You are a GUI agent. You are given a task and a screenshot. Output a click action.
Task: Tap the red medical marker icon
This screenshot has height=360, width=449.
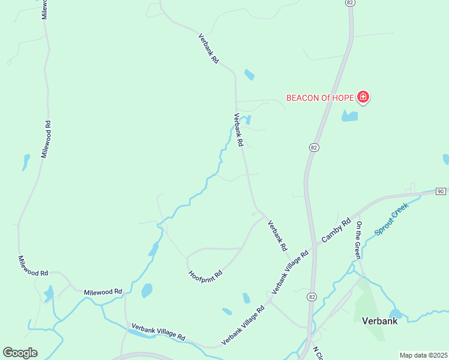click(363, 97)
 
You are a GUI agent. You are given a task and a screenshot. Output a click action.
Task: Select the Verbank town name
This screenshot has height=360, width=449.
click(380, 321)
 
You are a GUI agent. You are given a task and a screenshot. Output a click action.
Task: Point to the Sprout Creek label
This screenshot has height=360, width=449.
click(391, 218)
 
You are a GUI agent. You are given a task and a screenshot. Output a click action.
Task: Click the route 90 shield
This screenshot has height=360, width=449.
click(441, 191)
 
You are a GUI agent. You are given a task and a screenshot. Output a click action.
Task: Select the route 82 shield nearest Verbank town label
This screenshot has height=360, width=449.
click(311, 296)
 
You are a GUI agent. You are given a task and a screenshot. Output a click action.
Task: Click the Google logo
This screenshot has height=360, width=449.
click(20, 353)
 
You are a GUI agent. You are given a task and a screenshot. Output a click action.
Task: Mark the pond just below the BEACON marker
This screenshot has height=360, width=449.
click(350, 116)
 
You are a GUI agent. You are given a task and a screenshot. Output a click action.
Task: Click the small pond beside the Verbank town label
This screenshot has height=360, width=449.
click(395, 313)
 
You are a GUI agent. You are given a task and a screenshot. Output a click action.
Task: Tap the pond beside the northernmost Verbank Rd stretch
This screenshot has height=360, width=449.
click(249, 75)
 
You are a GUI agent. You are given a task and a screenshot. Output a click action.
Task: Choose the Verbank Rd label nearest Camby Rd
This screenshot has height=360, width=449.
click(277, 235)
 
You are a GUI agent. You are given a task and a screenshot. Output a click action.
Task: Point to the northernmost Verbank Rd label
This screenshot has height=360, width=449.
click(208, 49)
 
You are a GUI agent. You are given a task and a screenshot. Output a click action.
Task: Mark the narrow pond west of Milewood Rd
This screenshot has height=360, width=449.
click(26, 162)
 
